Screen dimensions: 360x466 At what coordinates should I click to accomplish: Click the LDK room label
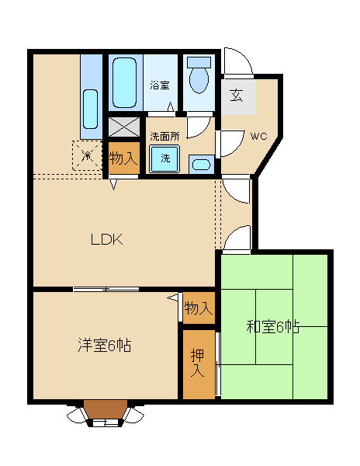pos(106,239)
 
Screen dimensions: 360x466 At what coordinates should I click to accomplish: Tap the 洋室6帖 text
pos(105,345)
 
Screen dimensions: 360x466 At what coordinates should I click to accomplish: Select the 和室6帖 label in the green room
pos(273,327)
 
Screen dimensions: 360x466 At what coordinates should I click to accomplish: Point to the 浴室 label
pos(159,85)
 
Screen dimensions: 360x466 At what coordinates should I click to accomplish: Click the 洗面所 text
pos(164,137)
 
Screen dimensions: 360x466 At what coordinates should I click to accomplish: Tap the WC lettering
pos(259,137)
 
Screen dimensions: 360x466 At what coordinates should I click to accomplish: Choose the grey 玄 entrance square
pos(239,96)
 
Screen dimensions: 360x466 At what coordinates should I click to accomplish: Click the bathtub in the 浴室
pos(125,82)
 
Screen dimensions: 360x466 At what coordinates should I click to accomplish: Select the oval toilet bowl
pos(199,80)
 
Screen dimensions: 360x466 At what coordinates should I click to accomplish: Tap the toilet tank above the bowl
pos(199,62)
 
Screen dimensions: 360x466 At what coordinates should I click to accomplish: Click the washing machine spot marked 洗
pos(165,158)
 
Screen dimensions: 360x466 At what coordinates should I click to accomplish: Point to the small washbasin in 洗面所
pos(202,165)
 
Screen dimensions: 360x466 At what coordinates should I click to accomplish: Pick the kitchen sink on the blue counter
pos(90,109)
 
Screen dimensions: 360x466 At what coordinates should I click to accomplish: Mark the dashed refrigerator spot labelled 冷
pos(87,155)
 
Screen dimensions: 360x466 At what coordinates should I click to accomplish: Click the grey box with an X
pos(124,127)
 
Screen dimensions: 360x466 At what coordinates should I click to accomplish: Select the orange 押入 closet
pos(199,364)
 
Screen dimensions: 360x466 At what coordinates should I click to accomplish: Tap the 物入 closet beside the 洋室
pos(199,308)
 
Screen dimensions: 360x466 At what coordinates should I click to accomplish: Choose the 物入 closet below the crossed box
pos(124,158)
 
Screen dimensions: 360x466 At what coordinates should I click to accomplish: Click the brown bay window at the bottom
pos(106,411)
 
